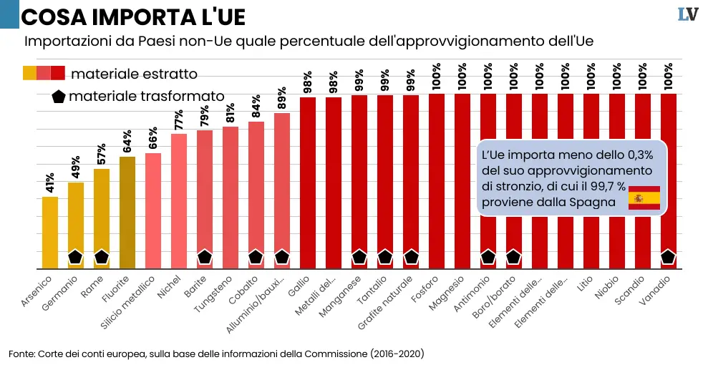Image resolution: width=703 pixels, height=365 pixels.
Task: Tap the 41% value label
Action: (50, 182)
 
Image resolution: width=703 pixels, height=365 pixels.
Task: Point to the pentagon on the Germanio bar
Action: (75, 257)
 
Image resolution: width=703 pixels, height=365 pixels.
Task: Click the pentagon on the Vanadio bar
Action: (668, 257)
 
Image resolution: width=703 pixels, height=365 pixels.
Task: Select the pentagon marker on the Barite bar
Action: (205, 257)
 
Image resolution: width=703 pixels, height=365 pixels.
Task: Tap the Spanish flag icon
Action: (644, 198)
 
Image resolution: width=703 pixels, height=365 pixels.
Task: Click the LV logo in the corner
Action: (688, 15)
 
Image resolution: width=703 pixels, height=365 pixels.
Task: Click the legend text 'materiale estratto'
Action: (135, 73)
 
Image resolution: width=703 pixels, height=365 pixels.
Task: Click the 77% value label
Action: (179, 120)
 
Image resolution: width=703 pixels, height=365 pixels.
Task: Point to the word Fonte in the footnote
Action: (21, 354)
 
